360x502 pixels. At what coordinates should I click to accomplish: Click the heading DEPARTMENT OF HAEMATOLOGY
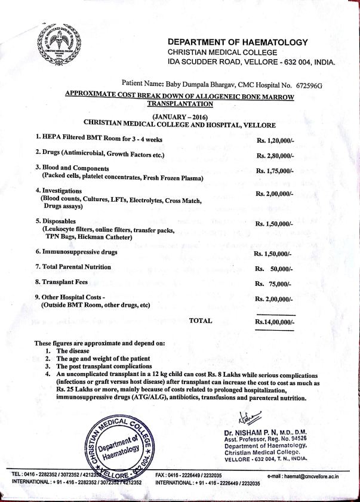pyautogui.click(x=238, y=42)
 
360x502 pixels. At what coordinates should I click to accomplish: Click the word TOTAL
pyautogui.click(x=201, y=321)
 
